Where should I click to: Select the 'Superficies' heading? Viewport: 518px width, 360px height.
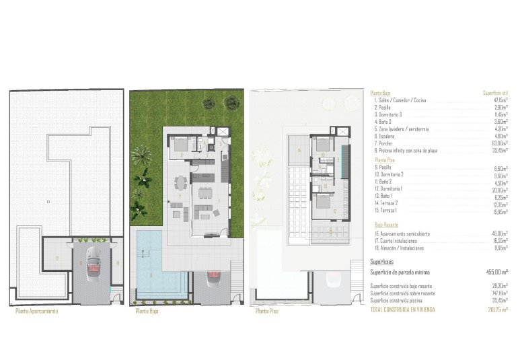pos(382,260)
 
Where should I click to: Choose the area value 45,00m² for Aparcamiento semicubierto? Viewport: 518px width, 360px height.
pos(497,233)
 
